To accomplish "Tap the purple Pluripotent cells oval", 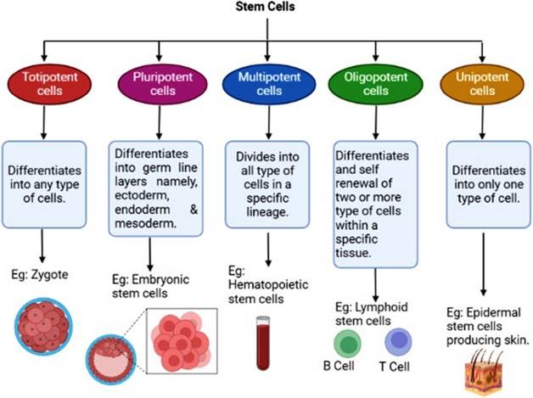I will click(154, 83).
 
